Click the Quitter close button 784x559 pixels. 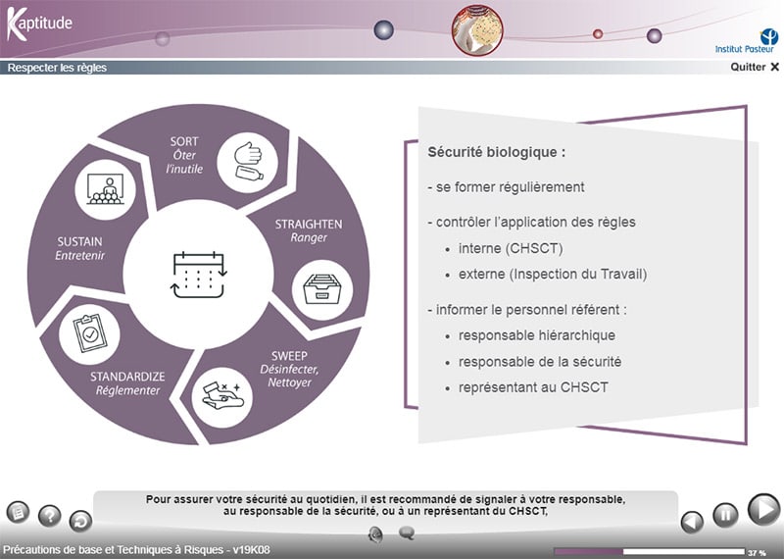pos(755,67)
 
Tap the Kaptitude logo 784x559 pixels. pos(39,24)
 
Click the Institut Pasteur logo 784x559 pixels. pos(746,40)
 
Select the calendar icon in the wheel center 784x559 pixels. pos(199,275)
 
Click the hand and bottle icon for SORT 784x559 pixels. pos(248,162)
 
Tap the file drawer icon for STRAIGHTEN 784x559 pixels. pos(322,289)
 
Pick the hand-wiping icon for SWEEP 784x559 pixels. pos(222,397)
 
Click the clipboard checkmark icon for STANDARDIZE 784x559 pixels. pos(89,333)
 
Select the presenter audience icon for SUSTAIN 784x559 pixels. pos(106,189)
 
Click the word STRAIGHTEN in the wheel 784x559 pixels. pos(309,225)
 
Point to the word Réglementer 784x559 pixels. pos(128,390)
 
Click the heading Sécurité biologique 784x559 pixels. pos(497,152)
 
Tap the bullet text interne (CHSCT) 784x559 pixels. pos(511,248)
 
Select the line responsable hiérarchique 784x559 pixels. pos(537,335)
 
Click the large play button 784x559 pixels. pos(763,509)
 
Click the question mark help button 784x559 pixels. pos(50,516)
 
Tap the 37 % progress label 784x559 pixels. pos(757,553)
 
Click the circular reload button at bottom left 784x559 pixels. pos(80,521)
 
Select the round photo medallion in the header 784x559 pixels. pos(477,30)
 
